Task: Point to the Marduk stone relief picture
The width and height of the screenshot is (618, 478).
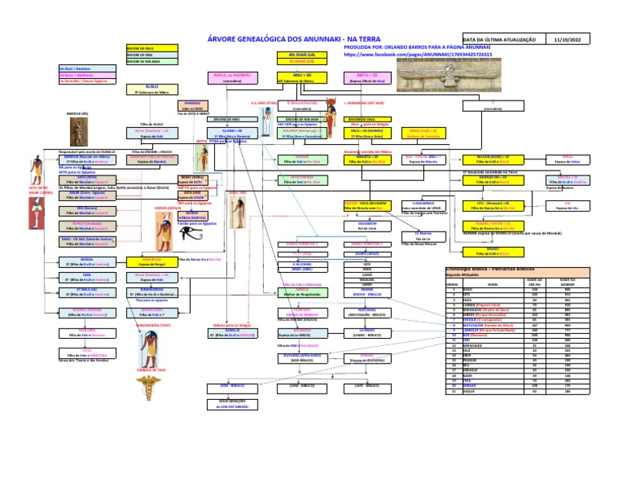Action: click(79, 128)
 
